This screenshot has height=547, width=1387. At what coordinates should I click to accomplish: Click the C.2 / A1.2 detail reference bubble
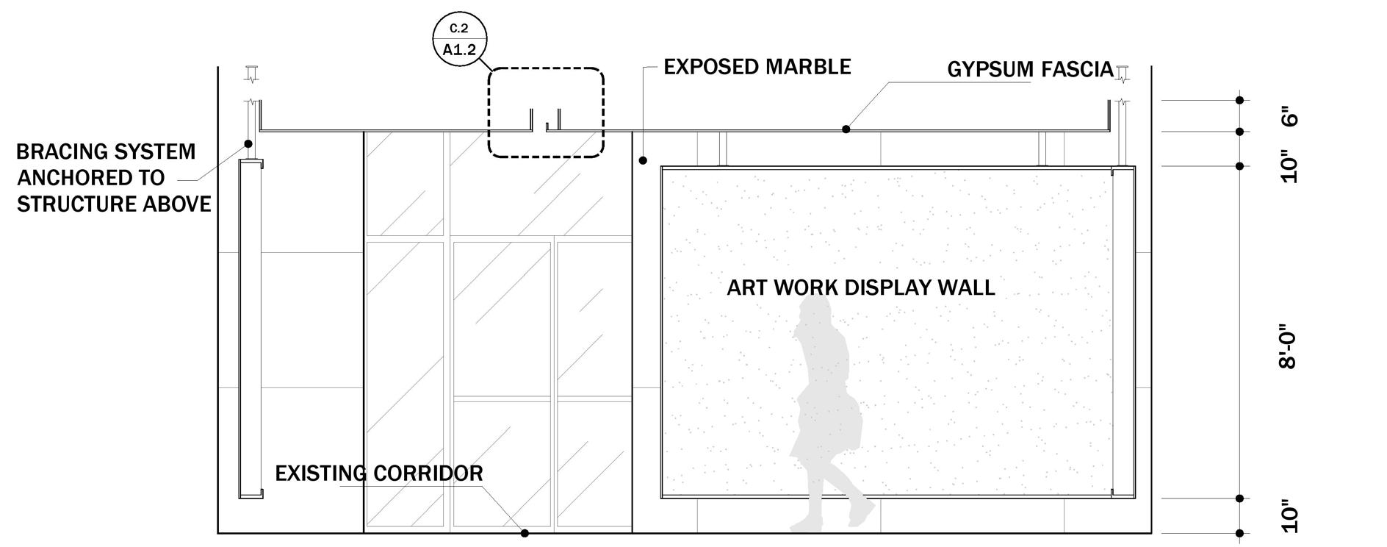(x=459, y=40)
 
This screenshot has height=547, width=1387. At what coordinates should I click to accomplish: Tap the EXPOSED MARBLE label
(x=757, y=67)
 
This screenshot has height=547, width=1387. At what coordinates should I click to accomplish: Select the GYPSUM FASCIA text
(x=1029, y=70)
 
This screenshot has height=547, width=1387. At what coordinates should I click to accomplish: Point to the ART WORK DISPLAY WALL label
(x=860, y=287)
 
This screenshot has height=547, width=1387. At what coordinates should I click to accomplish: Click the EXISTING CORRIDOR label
(x=379, y=473)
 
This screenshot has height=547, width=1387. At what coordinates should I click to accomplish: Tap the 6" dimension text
(x=1290, y=117)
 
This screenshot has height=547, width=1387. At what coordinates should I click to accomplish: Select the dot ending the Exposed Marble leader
(x=643, y=160)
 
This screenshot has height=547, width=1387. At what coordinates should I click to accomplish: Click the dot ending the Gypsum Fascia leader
(x=846, y=129)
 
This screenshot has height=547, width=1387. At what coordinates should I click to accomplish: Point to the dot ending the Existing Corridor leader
(x=525, y=533)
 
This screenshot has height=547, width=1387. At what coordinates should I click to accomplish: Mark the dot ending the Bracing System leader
(x=248, y=144)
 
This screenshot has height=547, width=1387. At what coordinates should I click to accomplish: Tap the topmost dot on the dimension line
(x=1239, y=100)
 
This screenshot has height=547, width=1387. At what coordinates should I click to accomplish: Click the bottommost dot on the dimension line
(x=1239, y=533)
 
